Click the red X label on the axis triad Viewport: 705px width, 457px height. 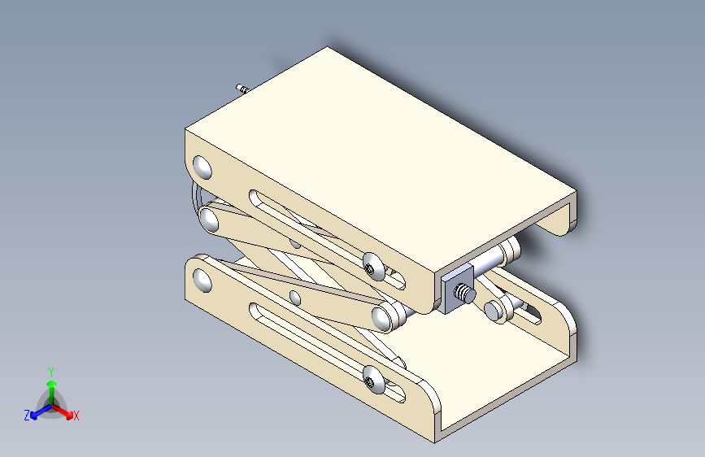tap(76, 416)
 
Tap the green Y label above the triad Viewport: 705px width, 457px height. tap(51, 372)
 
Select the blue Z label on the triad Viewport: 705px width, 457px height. tap(27, 416)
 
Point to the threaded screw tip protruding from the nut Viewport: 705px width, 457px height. tap(465, 294)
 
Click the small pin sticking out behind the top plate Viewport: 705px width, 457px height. tap(242, 88)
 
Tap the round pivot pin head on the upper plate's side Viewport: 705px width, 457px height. tap(202, 167)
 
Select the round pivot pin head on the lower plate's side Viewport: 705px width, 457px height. tap(202, 280)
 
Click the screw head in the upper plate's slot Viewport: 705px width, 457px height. tap(372, 266)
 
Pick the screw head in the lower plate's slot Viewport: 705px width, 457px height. tap(372, 379)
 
